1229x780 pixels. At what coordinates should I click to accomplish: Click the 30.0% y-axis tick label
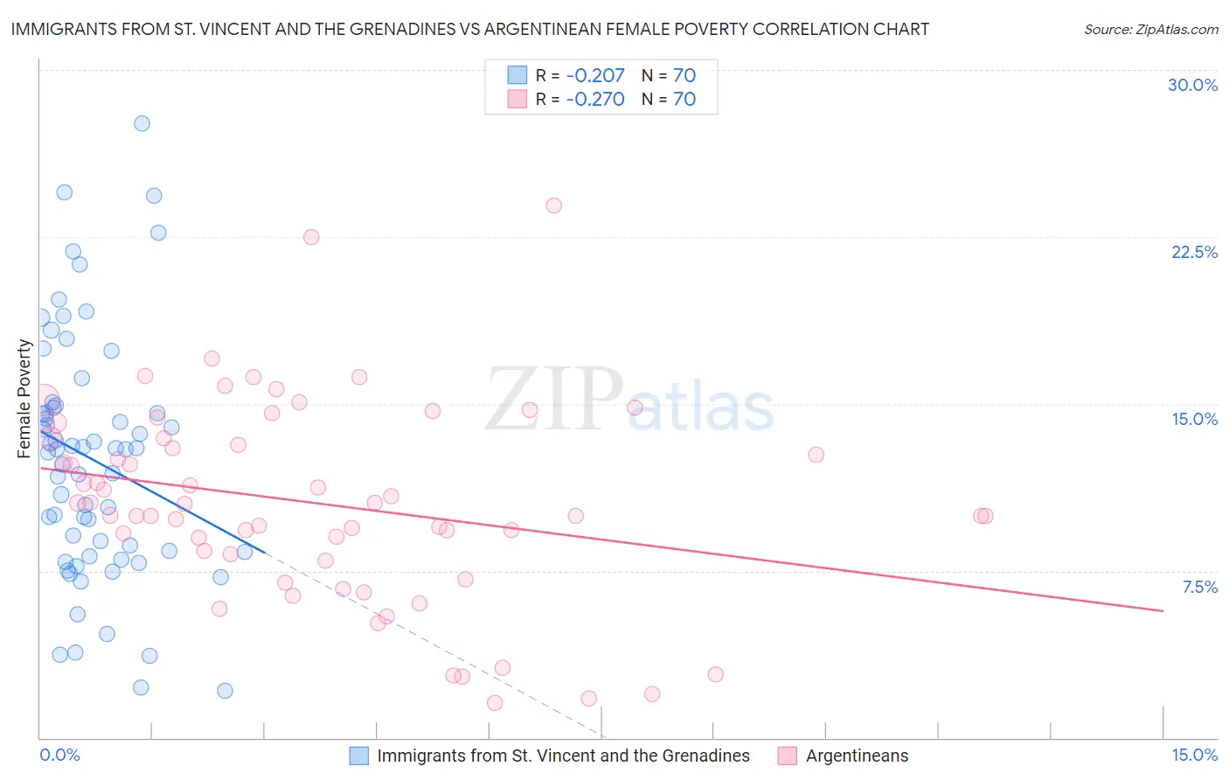click(1192, 85)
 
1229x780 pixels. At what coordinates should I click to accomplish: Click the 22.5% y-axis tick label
click(1194, 252)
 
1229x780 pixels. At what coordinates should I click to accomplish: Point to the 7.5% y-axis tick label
click(1199, 587)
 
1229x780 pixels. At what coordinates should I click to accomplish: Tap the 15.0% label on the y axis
click(1194, 419)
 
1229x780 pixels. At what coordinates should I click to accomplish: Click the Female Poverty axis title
click(24, 399)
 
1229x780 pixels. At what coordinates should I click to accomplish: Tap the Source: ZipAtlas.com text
click(1150, 29)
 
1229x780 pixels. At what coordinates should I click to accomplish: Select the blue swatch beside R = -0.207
click(517, 75)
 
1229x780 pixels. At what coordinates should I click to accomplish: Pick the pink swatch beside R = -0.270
click(517, 99)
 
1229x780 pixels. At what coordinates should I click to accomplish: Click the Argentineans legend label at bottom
click(857, 756)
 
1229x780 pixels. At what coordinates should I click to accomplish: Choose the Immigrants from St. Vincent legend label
click(563, 756)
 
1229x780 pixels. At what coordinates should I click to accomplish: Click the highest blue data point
click(142, 123)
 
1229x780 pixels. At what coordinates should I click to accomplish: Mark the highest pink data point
click(553, 205)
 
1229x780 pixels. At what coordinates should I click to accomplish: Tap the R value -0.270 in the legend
click(594, 99)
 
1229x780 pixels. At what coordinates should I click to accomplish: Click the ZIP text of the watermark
click(554, 400)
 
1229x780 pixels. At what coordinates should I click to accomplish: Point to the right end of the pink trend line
click(1163, 610)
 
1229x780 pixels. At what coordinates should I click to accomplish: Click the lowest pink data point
click(495, 703)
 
